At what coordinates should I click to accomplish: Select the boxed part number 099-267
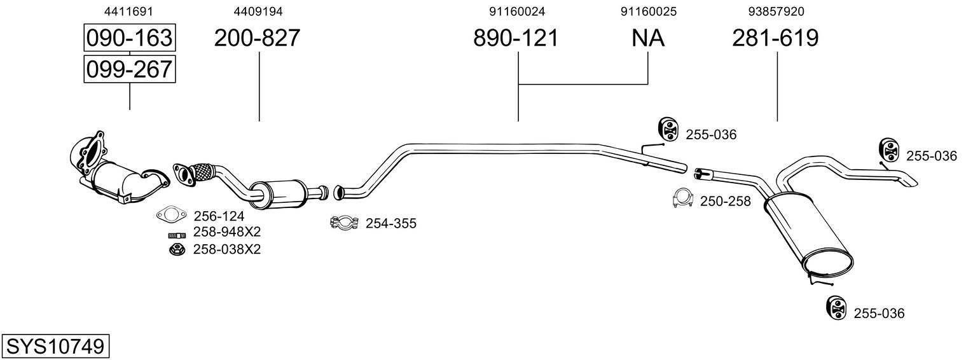(129, 69)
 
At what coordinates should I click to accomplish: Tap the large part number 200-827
(256, 38)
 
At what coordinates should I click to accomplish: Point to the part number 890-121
(516, 38)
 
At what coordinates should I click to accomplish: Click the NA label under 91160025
(648, 38)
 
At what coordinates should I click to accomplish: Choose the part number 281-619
(775, 38)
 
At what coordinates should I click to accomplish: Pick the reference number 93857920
(777, 11)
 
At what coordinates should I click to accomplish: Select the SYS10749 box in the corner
(55, 347)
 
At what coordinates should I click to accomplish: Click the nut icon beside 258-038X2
(175, 249)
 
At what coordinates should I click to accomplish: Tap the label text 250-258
(725, 202)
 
